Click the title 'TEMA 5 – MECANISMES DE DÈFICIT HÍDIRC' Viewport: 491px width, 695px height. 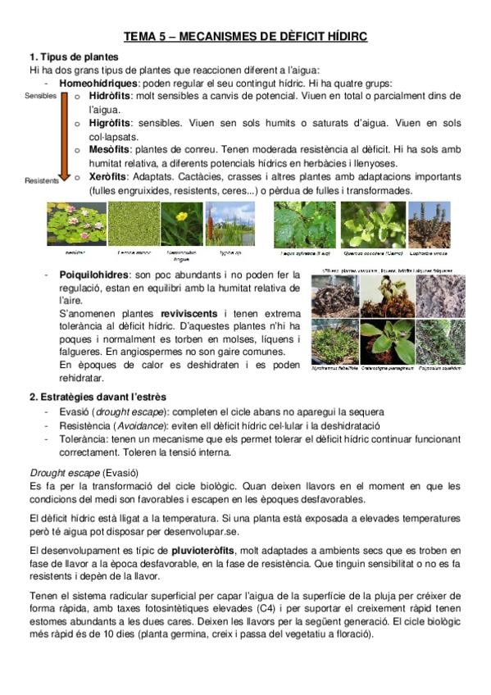tap(245, 37)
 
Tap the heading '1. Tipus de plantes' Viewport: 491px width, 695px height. tap(74, 57)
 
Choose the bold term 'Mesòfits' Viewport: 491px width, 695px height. tap(110, 150)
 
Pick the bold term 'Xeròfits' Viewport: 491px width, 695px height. tap(109, 177)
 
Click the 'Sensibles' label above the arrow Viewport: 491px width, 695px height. tap(40, 96)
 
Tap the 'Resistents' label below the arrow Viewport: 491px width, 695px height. tap(42, 181)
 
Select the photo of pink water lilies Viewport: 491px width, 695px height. tap(76, 224)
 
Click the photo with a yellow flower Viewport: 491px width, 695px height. tap(181, 224)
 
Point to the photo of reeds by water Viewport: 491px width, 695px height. tap(230, 224)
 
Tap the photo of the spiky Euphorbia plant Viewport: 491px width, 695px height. tap(429, 225)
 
